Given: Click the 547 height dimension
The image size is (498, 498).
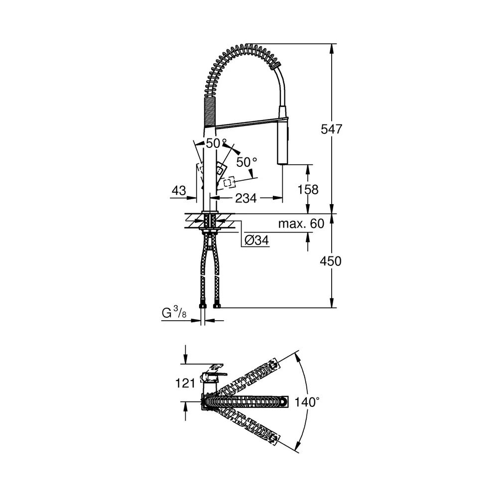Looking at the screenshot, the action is click(x=331, y=129).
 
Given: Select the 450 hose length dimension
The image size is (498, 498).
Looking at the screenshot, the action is click(x=331, y=261).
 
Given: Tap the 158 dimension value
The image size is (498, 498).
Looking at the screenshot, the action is click(x=308, y=190).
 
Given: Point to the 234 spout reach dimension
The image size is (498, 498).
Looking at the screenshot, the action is click(x=246, y=198).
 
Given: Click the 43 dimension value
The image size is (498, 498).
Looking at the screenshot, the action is click(x=179, y=191).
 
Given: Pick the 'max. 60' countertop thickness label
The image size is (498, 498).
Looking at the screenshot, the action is click(x=301, y=224).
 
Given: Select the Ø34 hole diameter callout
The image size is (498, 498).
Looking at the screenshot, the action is click(x=256, y=240).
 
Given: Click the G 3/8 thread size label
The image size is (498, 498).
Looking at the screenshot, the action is click(x=174, y=313).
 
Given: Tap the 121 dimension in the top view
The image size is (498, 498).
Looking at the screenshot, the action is click(x=185, y=383).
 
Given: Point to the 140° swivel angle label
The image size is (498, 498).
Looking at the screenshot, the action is click(x=307, y=402).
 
